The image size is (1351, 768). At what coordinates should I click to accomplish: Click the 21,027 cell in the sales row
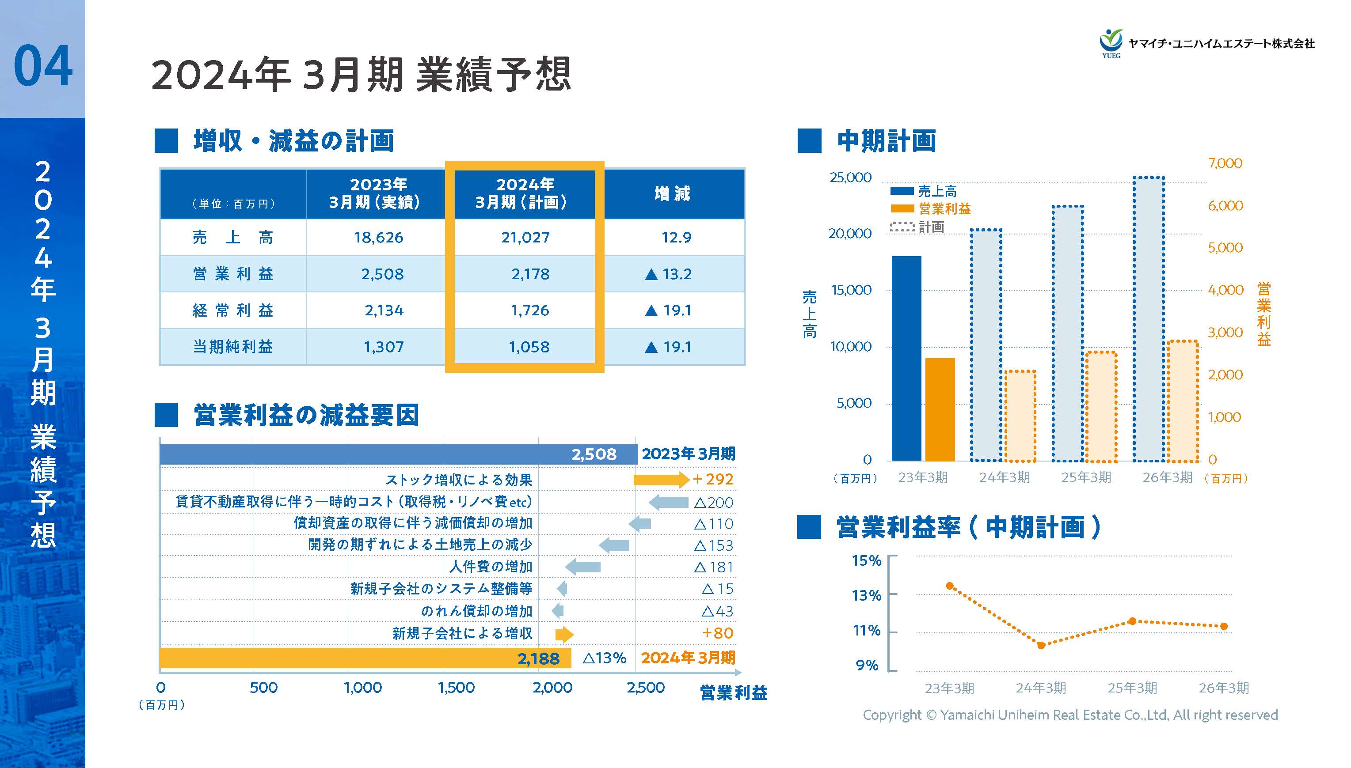[525, 237]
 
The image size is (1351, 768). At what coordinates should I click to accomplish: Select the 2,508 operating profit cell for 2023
[382, 274]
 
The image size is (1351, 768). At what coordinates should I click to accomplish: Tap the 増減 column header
[672, 193]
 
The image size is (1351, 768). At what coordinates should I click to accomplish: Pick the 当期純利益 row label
[233, 347]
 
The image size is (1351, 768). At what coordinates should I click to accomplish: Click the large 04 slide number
[43, 66]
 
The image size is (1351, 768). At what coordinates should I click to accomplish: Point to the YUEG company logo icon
[1111, 42]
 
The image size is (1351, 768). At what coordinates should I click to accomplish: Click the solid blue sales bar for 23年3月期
[906, 359]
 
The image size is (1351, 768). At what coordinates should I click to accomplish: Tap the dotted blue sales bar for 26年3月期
[1148, 319]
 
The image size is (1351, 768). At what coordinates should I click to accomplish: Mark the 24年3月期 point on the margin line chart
[1041, 645]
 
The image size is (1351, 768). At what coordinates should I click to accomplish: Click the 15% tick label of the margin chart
[866, 560]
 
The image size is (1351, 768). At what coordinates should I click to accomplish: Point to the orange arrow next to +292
[661, 480]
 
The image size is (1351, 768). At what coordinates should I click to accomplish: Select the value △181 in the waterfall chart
[713, 567]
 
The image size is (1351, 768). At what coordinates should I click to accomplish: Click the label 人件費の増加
[490, 567]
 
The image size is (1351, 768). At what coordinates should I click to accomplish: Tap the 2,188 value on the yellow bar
[538, 658]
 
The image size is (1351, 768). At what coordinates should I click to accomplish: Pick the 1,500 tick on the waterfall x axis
[456, 687]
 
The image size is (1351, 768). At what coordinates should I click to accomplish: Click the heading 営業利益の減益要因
[306, 415]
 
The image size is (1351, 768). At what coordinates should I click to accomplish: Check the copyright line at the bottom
[1070, 715]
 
